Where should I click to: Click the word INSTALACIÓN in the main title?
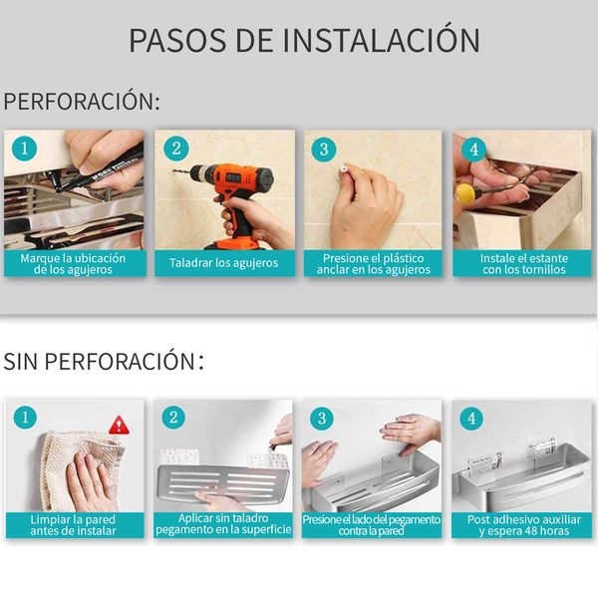click(x=382, y=39)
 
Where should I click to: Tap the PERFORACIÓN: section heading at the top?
click(x=82, y=101)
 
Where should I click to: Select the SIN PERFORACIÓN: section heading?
click(x=104, y=361)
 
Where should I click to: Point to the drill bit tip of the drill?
click(x=174, y=170)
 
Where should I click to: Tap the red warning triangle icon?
click(x=119, y=426)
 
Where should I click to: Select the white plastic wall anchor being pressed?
click(x=344, y=169)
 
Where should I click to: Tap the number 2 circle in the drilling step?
click(x=176, y=149)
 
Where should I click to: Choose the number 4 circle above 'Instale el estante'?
click(x=473, y=149)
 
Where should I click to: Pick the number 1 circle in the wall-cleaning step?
click(x=25, y=418)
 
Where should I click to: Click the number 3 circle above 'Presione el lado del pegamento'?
click(x=322, y=419)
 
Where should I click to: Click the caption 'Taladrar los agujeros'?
click(x=224, y=263)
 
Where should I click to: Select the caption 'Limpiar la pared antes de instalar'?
click(x=73, y=525)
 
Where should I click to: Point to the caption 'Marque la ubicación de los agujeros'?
click(x=73, y=264)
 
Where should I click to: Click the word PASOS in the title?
click(x=177, y=40)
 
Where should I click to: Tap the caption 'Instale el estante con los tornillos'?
click(x=524, y=264)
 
